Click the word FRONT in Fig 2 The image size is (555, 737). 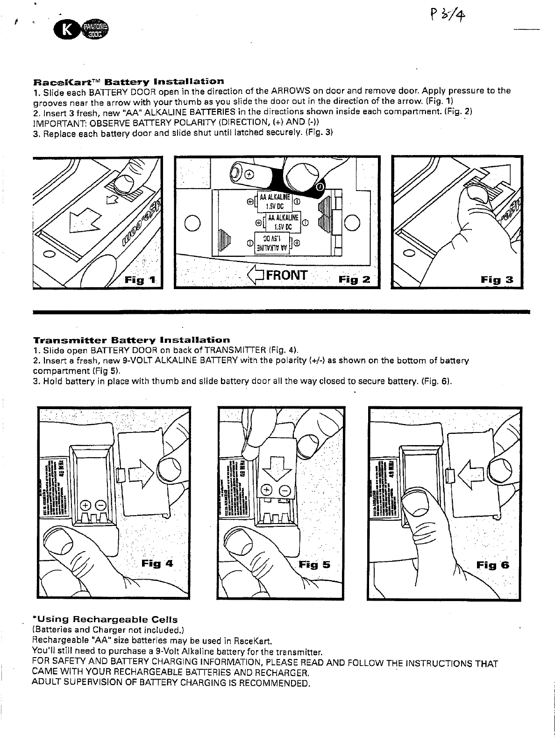click(286, 274)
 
